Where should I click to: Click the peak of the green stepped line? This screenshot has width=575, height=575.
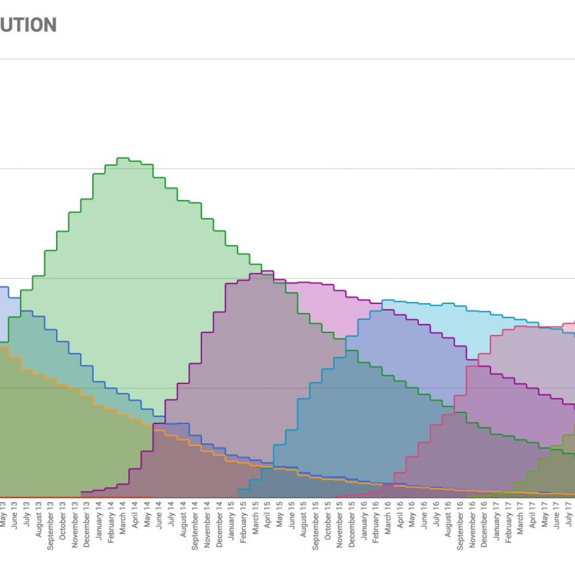[x=123, y=158]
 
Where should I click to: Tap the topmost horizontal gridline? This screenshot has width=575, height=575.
[x=287, y=59]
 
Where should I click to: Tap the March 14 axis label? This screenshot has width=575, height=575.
[x=123, y=518]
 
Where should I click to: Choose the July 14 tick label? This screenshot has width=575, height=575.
[x=171, y=515]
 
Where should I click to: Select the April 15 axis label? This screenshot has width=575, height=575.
[x=267, y=515]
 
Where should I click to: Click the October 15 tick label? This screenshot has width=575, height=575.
[x=328, y=520]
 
